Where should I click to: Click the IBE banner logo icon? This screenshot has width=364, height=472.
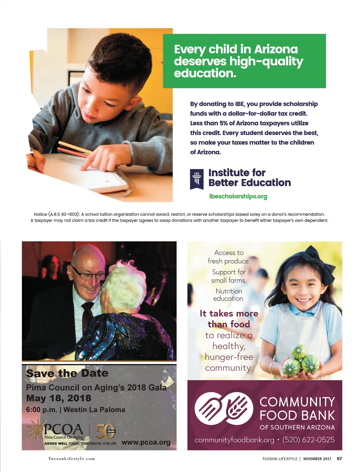[197, 179]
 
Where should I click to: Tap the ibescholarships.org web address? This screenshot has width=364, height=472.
[238, 196]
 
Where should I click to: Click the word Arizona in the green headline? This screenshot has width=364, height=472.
[276, 49]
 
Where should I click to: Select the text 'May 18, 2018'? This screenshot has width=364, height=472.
[59, 398]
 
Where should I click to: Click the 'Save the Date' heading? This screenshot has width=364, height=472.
[67, 373]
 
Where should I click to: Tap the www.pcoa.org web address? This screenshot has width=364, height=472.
[146, 442]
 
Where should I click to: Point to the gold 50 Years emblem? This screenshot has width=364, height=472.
[105, 431]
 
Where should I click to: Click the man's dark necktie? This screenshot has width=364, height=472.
[88, 315]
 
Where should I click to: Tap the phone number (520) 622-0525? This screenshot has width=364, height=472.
[308, 440]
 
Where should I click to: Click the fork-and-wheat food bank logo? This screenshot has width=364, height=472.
[224, 409]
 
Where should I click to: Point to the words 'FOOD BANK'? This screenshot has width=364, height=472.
[297, 415]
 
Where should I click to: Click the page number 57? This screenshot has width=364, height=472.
[339, 459]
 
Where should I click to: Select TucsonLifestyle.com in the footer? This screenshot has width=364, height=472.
[72, 459]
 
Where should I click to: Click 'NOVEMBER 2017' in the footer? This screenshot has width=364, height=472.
[317, 459]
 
